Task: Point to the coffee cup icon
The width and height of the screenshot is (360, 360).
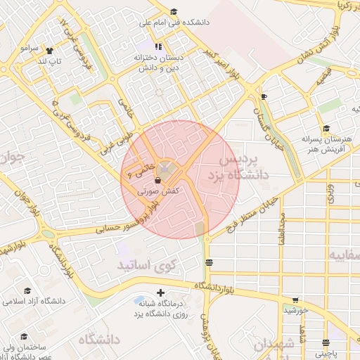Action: [264, 96]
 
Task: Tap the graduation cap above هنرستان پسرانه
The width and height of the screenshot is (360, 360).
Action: [326, 129]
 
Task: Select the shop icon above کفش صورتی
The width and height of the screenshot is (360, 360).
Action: [157, 181]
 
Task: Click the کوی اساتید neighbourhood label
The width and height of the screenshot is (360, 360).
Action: [143, 266]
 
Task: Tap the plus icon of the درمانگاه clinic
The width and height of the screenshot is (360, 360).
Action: [160, 292]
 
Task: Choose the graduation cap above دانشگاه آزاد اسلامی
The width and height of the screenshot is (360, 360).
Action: [27, 290]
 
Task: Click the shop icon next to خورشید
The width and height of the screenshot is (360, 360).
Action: [295, 300]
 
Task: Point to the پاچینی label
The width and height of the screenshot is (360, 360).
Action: [325, 354]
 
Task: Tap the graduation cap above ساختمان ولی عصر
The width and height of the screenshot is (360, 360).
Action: [24, 337]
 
